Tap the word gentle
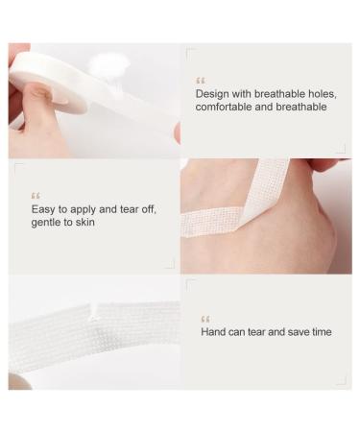[48, 222]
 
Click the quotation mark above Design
[201, 80]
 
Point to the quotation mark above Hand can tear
[205, 318]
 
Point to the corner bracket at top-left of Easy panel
[18, 167]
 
